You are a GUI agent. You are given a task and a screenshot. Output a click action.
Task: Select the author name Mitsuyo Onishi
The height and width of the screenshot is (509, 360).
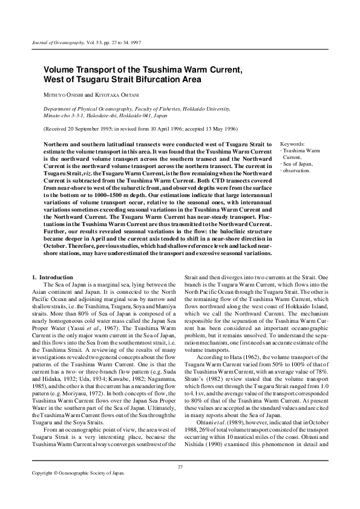coord(62,95)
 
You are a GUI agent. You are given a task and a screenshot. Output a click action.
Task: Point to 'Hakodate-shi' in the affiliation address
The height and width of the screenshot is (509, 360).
coord(105,114)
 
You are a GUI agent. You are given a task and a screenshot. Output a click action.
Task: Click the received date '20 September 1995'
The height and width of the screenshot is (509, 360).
coord(91,129)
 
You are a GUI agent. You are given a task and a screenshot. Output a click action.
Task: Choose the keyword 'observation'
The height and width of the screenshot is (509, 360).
coord(297,170)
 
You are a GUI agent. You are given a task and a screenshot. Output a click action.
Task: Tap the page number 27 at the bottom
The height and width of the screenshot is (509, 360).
coord(180,483)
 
